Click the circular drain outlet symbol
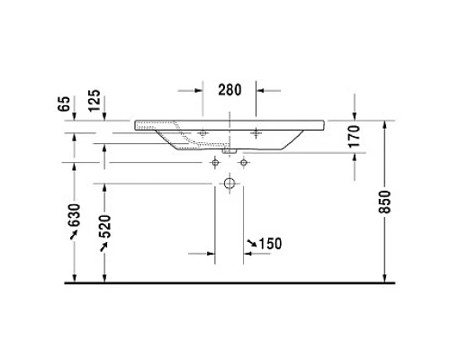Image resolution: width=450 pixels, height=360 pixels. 229,184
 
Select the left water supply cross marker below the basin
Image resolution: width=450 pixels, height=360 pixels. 214,162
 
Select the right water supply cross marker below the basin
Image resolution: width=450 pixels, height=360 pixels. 243,162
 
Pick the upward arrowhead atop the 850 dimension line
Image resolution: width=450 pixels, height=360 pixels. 384,124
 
